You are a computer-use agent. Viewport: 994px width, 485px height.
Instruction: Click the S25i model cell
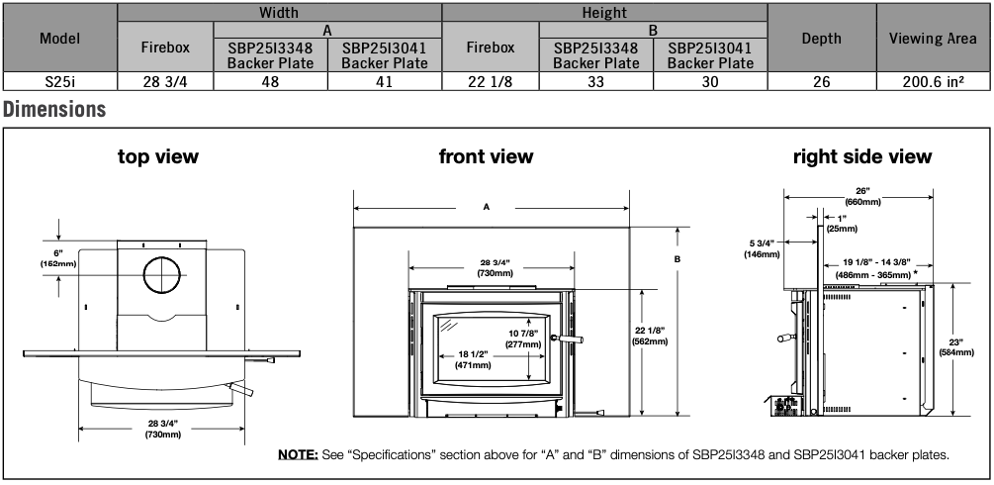(x=60, y=81)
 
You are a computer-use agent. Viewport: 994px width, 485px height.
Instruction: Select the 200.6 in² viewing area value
(x=933, y=81)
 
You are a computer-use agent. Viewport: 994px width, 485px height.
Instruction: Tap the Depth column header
(x=822, y=38)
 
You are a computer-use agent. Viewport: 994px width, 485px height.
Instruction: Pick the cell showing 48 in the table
(x=271, y=81)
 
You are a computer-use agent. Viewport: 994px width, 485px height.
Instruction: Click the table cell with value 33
(x=595, y=81)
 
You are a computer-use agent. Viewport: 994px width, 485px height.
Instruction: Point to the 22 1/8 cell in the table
(x=490, y=81)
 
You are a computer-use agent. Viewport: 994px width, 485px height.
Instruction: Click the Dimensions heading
(x=54, y=109)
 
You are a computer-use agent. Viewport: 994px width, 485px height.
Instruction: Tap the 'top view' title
(x=158, y=156)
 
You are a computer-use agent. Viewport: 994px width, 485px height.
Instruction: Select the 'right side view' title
(x=862, y=156)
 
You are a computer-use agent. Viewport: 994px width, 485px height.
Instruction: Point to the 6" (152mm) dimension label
(x=59, y=257)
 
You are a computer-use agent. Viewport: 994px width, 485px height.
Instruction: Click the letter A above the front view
(x=487, y=206)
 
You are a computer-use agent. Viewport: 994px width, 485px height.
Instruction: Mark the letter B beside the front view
(x=678, y=259)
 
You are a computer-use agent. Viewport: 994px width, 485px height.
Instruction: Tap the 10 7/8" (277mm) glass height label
(x=523, y=339)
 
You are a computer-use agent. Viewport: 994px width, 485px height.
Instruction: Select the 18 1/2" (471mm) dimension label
(x=473, y=360)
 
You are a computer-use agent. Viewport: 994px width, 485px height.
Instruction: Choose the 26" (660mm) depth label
(x=862, y=196)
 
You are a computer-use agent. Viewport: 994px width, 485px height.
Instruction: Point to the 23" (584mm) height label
(x=956, y=347)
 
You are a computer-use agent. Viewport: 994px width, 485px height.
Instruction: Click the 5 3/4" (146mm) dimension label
(x=762, y=248)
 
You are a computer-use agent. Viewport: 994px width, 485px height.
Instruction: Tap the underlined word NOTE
(x=298, y=454)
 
